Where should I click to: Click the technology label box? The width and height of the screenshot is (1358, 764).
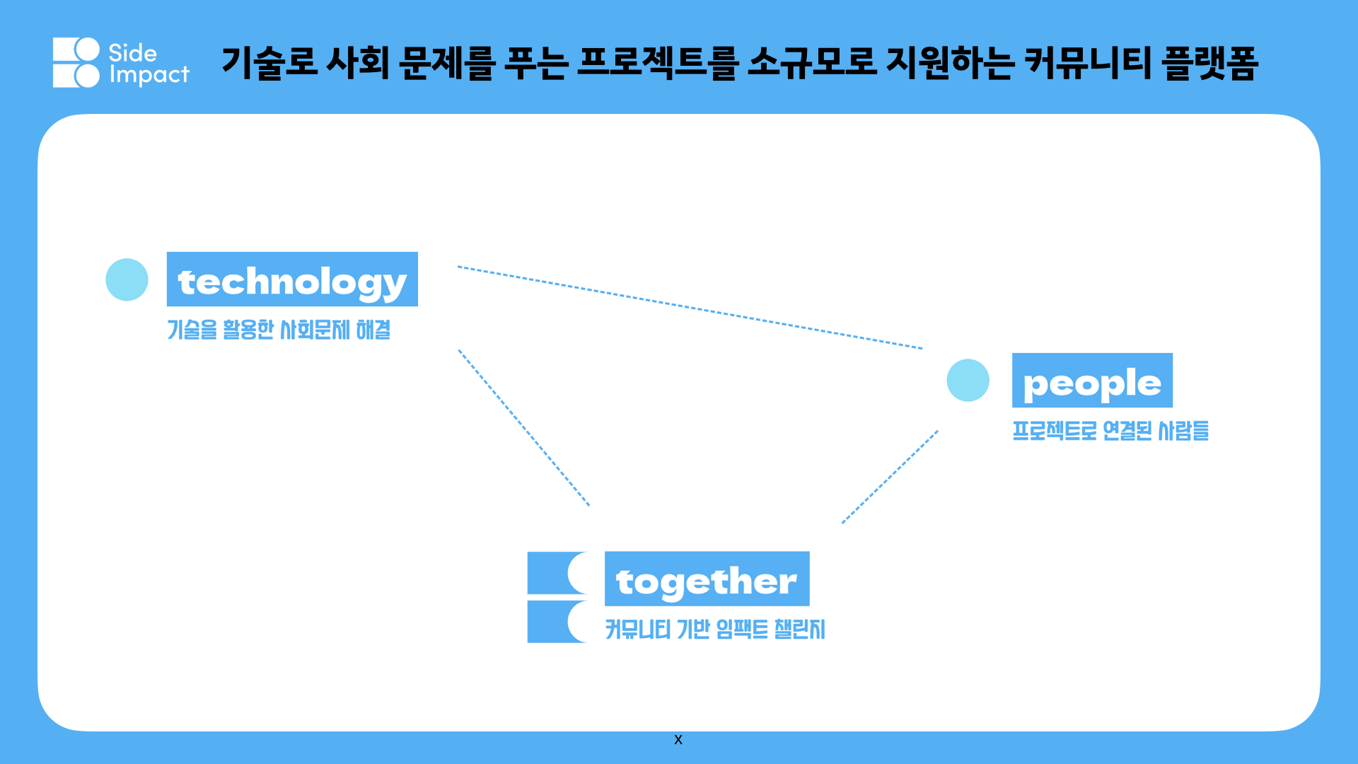click(x=292, y=279)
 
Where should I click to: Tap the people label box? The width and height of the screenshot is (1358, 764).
click(x=1092, y=380)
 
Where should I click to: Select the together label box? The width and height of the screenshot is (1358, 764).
click(x=707, y=579)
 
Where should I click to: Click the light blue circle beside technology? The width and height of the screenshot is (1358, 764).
click(x=127, y=279)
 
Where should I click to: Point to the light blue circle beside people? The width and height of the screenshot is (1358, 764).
click(x=968, y=381)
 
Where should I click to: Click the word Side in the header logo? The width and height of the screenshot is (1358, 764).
click(x=132, y=52)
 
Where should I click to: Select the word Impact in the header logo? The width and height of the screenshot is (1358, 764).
click(x=149, y=75)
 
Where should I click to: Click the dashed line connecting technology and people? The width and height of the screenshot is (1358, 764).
click(x=690, y=308)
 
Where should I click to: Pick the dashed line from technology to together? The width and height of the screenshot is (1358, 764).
click(x=524, y=428)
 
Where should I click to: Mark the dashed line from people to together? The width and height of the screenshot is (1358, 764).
click(x=890, y=477)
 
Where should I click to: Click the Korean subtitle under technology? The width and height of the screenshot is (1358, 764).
click(x=279, y=330)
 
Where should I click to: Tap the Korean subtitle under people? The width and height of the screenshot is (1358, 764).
click(x=1110, y=430)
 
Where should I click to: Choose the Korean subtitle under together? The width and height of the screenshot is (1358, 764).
click(x=715, y=629)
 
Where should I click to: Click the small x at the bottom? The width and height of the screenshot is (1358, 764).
click(x=678, y=740)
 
